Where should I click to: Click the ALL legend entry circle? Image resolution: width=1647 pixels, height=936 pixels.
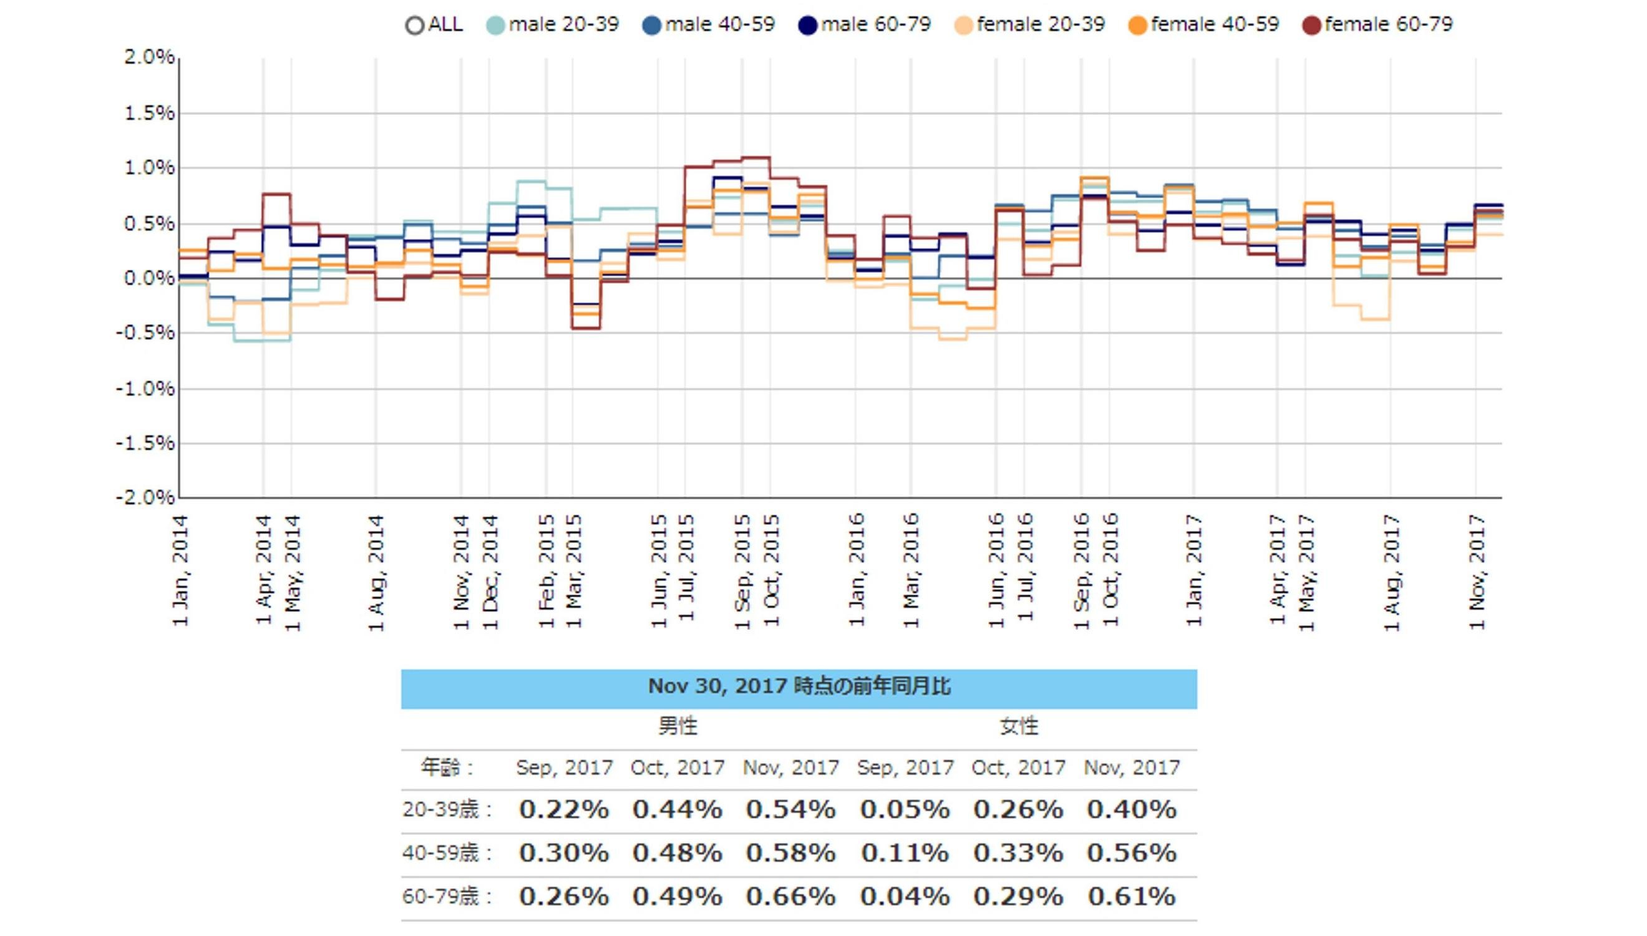click(414, 26)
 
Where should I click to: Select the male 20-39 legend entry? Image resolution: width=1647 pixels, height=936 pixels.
click(552, 25)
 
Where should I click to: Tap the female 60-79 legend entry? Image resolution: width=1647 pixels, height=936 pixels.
click(1377, 25)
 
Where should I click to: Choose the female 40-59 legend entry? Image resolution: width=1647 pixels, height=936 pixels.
click(1203, 25)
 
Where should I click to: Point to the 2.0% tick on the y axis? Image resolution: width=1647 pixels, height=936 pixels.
click(149, 57)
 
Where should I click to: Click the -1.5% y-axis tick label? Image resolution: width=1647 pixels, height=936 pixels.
click(145, 443)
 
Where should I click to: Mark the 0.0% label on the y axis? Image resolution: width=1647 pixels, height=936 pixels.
click(149, 278)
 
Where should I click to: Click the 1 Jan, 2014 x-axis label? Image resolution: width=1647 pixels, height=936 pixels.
click(180, 570)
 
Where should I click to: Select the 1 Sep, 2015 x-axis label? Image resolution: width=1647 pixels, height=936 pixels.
click(742, 572)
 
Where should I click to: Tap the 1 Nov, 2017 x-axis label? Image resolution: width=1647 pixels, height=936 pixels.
click(1477, 572)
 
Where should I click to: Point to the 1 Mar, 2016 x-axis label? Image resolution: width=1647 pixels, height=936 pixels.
click(911, 570)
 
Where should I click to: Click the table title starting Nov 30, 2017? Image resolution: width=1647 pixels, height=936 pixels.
click(799, 686)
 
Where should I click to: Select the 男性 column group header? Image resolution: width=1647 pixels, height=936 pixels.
click(678, 726)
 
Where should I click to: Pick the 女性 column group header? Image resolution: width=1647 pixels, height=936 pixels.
click(1019, 726)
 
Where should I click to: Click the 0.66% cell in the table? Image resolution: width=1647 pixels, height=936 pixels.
click(790, 896)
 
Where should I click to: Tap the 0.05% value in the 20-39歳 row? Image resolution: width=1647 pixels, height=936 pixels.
click(905, 809)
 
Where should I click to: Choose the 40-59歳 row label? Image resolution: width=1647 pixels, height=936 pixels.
click(447, 853)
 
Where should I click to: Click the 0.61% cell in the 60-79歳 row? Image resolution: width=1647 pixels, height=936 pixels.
click(1132, 896)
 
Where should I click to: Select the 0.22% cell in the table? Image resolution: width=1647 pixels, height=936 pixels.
click(563, 809)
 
